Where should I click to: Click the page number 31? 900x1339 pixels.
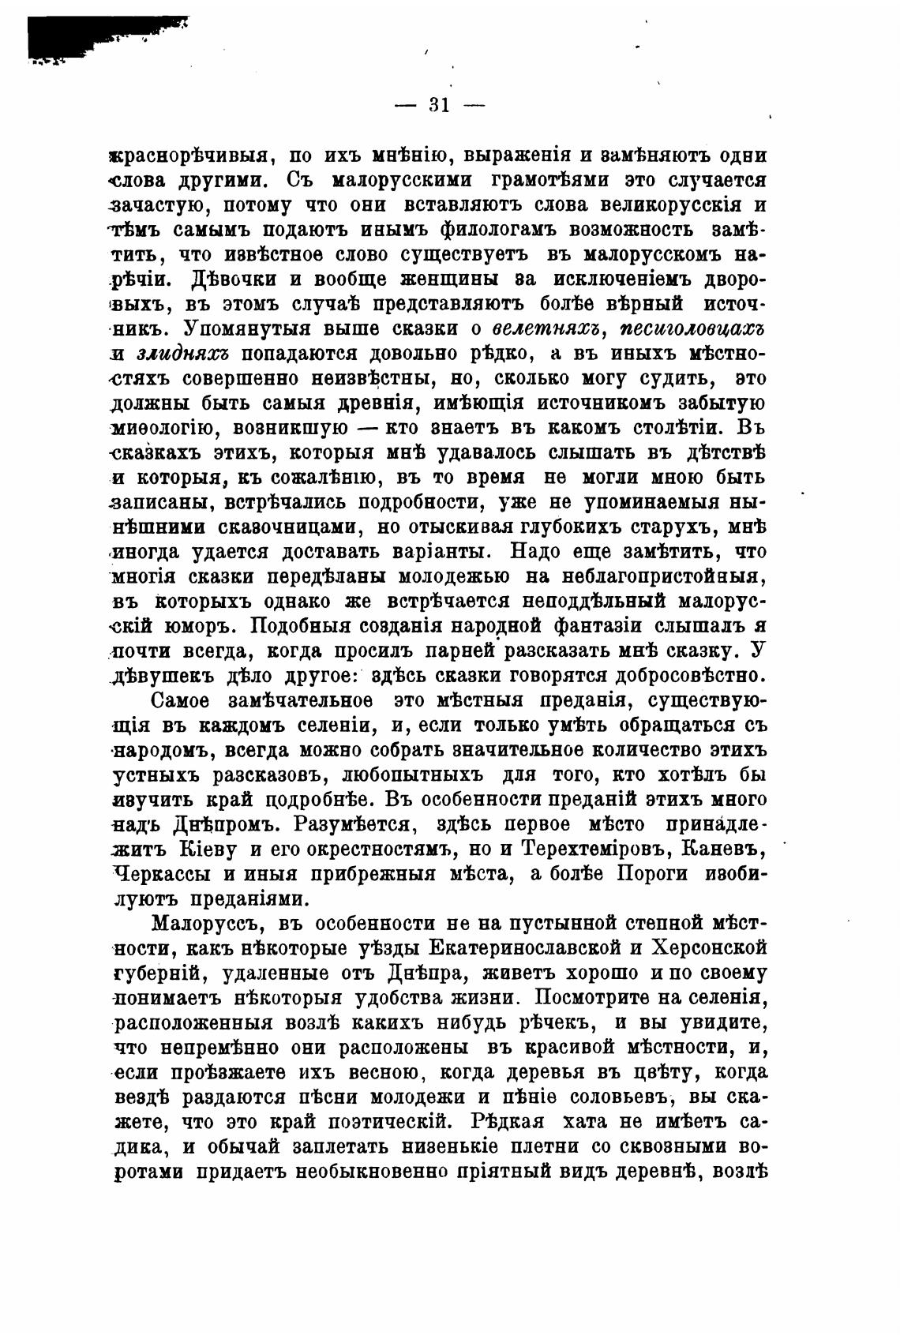pyautogui.click(x=439, y=105)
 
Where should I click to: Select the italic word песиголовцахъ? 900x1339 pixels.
pyautogui.click(x=696, y=329)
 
